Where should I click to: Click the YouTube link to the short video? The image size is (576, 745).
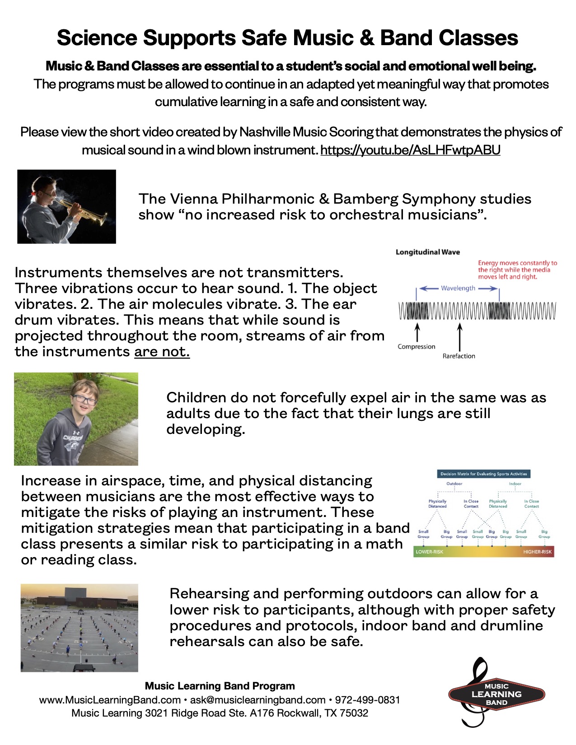pyautogui.click(x=410, y=150)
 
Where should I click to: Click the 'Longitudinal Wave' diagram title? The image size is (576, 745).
pyautogui.click(x=427, y=252)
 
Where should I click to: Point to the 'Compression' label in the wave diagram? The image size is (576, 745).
pyautogui.click(x=416, y=347)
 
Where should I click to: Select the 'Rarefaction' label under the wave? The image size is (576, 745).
pyautogui.click(x=459, y=356)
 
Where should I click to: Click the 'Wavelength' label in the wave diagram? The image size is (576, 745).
pyautogui.click(x=458, y=288)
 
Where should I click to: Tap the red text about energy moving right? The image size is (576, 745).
pyautogui.click(x=517, y=270)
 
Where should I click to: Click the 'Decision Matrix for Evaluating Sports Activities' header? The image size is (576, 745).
pyautogui.click(x=483, y=474)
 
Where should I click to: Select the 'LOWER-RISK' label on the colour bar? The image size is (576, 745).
pyautogui.click(x=429, y=552)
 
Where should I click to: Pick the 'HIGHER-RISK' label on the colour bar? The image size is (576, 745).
pyautogui.click(x=537, y=552)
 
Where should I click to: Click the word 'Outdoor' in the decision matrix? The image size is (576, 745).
pyautogui.click(x=454, y=484)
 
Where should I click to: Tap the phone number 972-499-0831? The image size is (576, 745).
pyautogui.click(x=367, y=700)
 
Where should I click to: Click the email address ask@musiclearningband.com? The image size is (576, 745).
pyautogui.click(x=258, y=700)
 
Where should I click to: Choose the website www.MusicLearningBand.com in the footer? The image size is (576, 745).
pyautogui.click(x=110, y=700)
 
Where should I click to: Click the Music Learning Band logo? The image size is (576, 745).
pyautogui.click(x=496, y=694)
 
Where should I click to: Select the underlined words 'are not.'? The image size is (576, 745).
pyautogui.click(x=162, y=351)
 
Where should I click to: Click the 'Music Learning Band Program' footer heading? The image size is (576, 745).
pyautogui.click(x=220, y=686)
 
